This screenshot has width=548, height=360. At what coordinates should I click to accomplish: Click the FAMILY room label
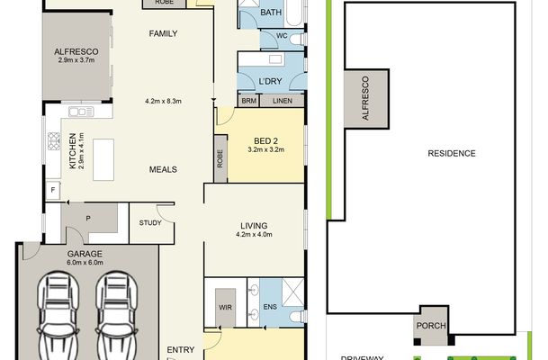(x=163, y=33)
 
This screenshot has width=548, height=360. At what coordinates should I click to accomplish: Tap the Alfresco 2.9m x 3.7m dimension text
(x=76, y=60)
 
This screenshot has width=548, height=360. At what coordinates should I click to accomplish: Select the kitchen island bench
(x=103, y=159)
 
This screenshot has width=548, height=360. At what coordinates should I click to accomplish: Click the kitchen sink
(x=81, y=112)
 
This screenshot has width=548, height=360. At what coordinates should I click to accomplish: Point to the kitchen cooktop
(x=54, y=141)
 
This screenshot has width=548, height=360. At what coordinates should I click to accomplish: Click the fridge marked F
(x=53, y=190)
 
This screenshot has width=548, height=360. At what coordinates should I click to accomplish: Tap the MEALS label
(x=163, y=169)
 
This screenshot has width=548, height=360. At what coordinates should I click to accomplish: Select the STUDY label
(x=150, y=223)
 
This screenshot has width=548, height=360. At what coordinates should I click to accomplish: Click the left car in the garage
(x=58, y=316)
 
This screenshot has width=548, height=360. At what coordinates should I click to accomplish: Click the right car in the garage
(x=116, y=316)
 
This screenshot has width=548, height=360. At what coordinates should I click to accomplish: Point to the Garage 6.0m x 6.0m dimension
(x=85, y=263)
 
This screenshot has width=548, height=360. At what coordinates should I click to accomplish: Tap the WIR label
(x=225, y=308)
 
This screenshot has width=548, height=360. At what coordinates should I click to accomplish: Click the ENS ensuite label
(x=270, y=307)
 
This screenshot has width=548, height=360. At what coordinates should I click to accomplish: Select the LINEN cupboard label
(x=283, y=101)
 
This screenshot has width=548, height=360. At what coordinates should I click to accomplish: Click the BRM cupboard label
(x=249, y=101)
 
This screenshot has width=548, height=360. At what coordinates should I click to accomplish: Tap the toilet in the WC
(x=298, y=39)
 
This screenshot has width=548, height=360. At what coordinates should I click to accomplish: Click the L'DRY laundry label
(x=270, y=81)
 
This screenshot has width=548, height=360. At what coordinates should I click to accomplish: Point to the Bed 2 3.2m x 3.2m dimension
(x=266, y=149)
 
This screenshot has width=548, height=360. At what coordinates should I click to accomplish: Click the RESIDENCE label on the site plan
(x=452, y=153)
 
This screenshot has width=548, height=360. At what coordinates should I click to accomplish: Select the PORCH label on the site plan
(x=431, y=326)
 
